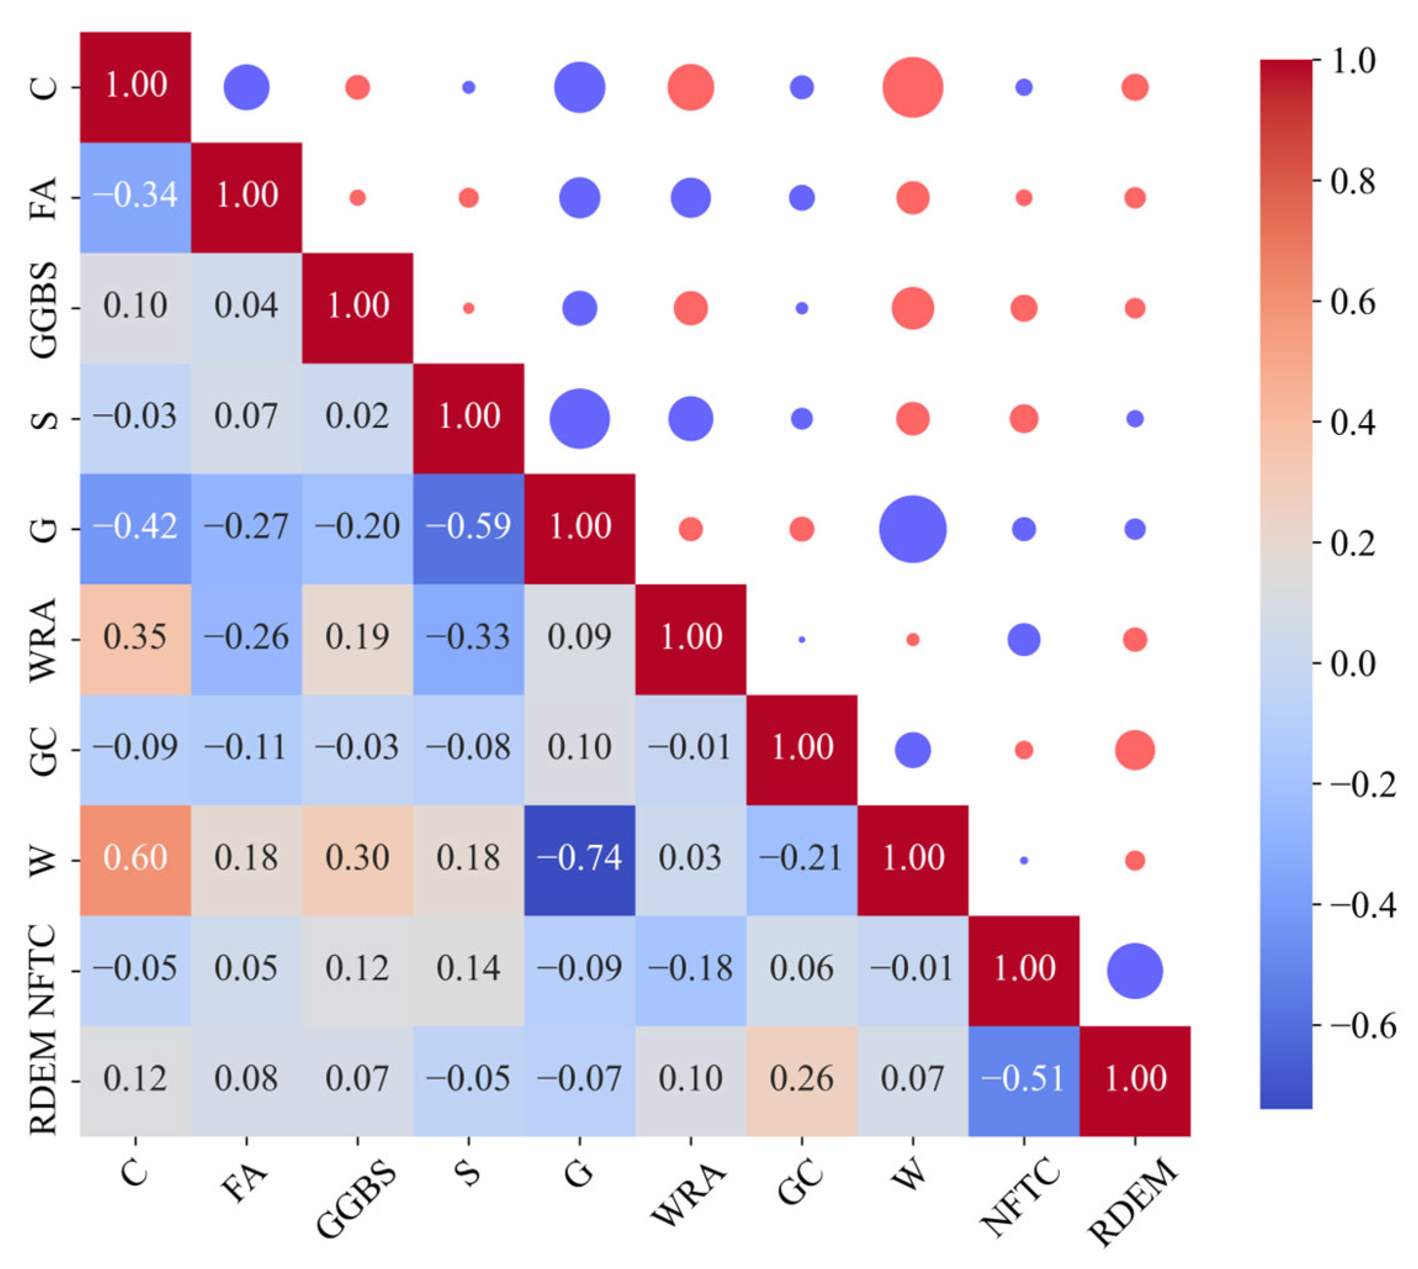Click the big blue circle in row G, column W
(913, 529)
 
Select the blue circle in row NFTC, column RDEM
(1135, 970)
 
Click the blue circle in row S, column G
(579, 418)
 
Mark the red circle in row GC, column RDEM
(1135, 749)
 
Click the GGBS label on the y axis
(43, 309)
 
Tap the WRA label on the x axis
(687, 1194)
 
